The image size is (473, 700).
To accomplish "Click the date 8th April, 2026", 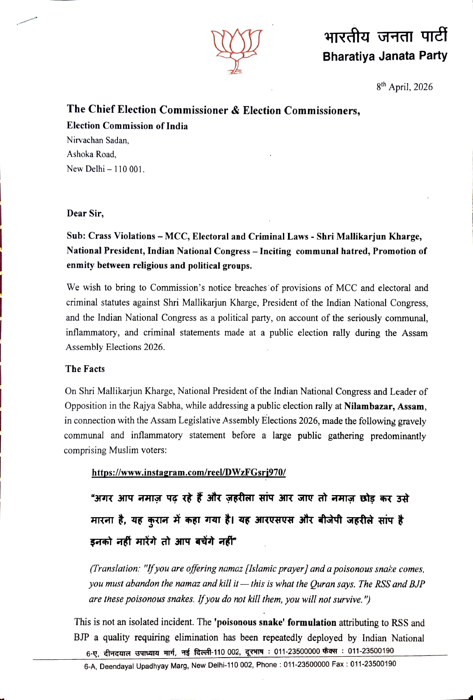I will click(x=404, y=87).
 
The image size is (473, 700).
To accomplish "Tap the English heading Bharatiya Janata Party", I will click(x=385, y=56).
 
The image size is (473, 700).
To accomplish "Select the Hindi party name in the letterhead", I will click(x=385, y=36).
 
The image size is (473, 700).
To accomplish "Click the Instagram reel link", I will click(x=189, y=473).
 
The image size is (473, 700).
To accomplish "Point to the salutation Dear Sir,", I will click(x=85, y=213).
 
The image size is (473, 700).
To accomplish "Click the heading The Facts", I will click(x=85, y=369).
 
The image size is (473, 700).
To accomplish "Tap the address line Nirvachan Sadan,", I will click(x=98, y=140).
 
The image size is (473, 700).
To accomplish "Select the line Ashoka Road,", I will click(x=92, y=154).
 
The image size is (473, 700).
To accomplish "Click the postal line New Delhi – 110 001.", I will click(x=106, y=169).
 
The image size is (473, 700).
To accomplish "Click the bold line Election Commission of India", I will click(x=127, y=126).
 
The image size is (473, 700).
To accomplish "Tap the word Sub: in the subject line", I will click(x=76, y=236).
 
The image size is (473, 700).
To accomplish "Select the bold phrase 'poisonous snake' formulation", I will click(x=275, y=622).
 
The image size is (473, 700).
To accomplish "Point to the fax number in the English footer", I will click(x=373, y=664).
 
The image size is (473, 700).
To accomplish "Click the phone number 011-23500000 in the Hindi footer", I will click(x=297, y=651).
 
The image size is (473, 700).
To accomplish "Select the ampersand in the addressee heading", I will click(x=235, y=110).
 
